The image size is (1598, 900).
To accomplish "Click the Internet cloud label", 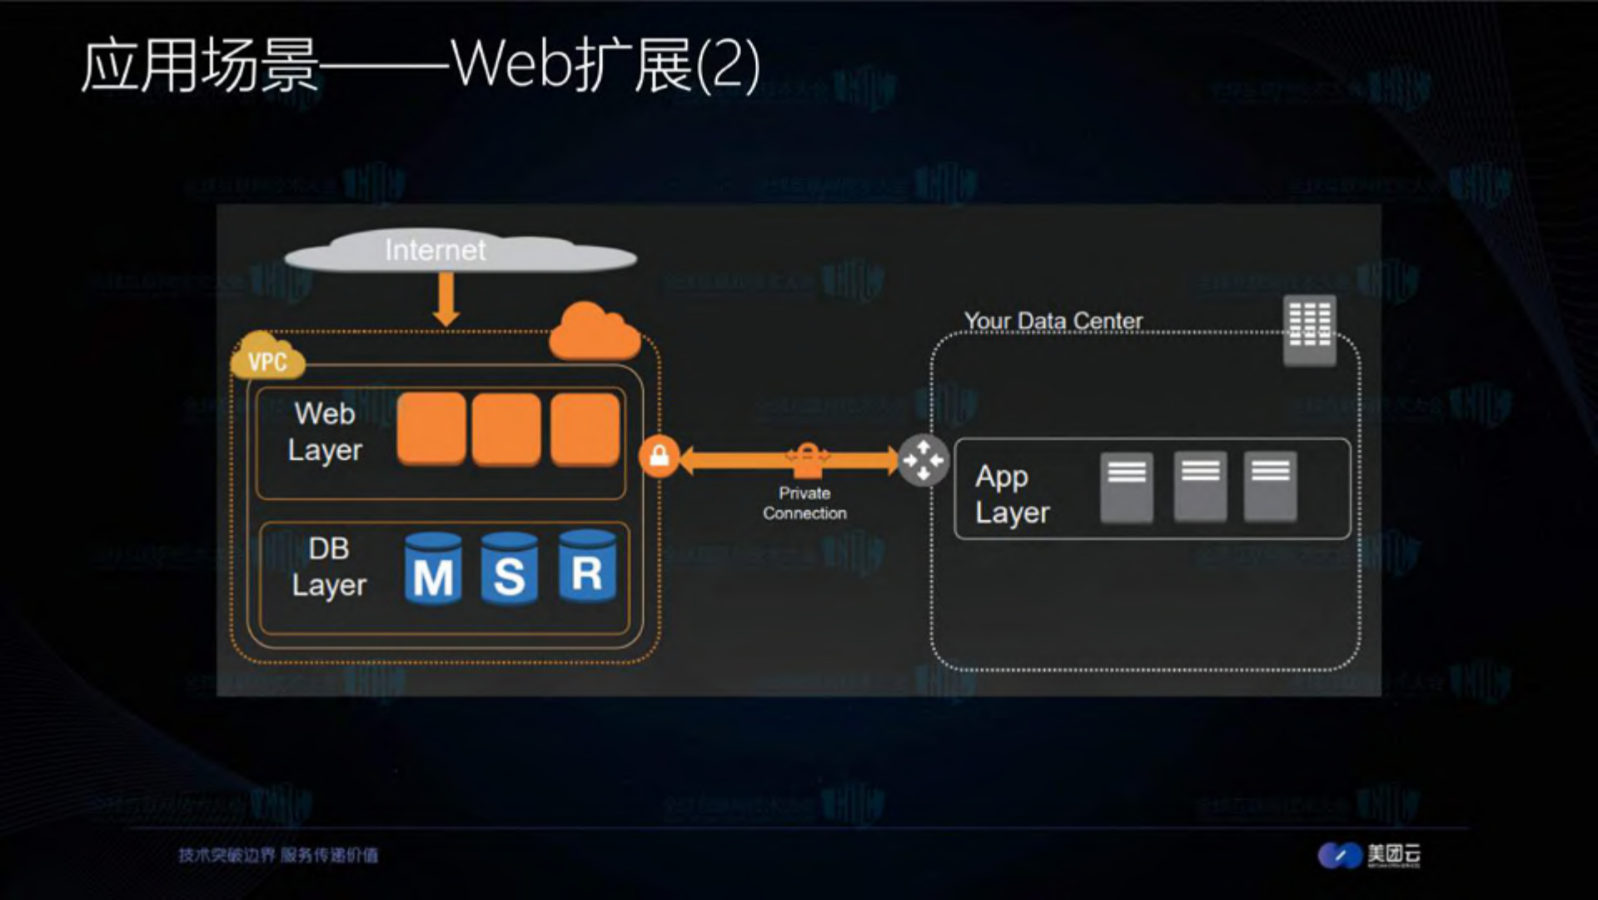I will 435,250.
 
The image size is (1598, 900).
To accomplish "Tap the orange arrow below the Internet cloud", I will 446,298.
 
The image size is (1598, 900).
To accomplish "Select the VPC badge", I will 267,360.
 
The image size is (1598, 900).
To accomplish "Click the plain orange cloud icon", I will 595,333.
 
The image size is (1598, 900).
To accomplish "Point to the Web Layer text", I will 325,432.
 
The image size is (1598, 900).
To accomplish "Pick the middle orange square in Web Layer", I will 506,429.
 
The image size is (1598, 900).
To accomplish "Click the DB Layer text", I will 329,567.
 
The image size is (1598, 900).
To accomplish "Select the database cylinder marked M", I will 433,569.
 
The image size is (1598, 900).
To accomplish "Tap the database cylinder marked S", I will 510,569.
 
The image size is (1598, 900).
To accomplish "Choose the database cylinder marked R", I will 587,567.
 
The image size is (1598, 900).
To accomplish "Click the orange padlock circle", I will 659,457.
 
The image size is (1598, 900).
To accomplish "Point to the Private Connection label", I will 804,503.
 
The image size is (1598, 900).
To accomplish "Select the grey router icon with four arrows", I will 923,460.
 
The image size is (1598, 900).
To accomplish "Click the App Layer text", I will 1012,494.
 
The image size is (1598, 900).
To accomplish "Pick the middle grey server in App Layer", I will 1200,487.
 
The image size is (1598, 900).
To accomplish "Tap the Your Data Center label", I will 1053,321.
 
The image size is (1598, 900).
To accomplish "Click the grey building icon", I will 1309,330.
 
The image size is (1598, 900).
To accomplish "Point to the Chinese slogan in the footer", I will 278,855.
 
